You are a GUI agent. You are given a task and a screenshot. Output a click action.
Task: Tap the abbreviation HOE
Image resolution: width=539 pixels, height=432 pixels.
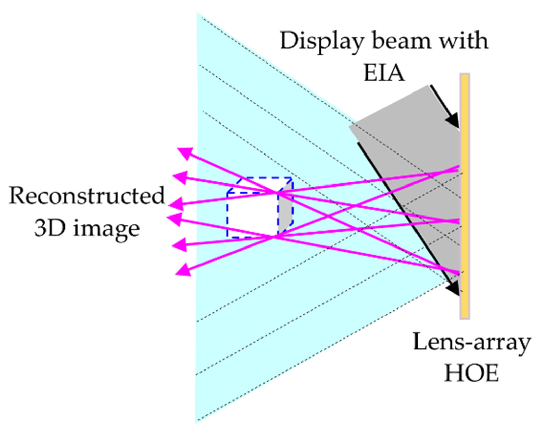(471, 374)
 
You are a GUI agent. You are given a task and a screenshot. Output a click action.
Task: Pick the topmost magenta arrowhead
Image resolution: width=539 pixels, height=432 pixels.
(185, 153)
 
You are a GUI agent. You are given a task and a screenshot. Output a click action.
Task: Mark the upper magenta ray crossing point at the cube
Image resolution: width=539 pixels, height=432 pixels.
(277, 193)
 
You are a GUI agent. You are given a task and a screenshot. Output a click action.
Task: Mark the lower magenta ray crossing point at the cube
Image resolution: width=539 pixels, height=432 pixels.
(273, 237)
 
